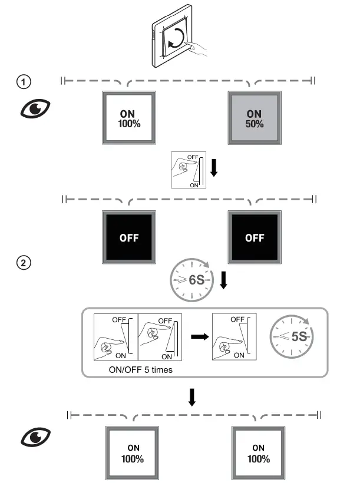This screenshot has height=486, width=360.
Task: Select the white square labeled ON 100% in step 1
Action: (130, 117)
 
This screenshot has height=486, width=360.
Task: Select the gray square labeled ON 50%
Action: (254, 117)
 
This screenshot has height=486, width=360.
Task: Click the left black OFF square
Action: (129, 238)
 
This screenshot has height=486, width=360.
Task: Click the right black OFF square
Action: (255, 238)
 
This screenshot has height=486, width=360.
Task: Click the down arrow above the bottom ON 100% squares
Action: (191, 398)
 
